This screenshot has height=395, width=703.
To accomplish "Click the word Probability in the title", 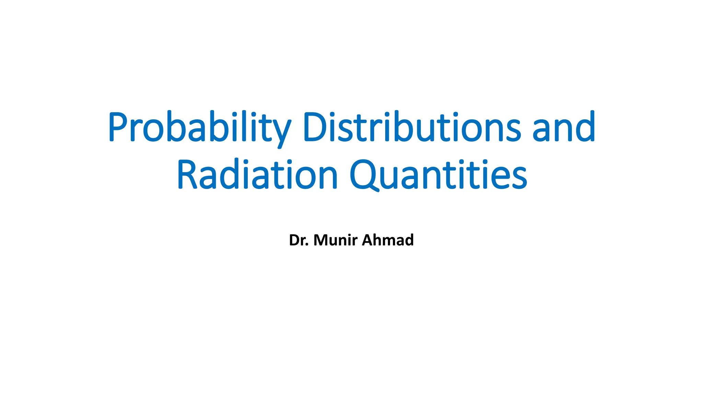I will coord(199,127).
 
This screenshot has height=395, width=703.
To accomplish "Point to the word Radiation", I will coord(257,175).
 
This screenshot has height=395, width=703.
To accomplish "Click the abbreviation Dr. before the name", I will coord(299,240).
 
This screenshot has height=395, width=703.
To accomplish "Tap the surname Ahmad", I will coord(388,240).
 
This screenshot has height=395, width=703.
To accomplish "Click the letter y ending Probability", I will coord(280,132).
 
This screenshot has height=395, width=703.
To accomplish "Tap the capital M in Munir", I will coord(321,240).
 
